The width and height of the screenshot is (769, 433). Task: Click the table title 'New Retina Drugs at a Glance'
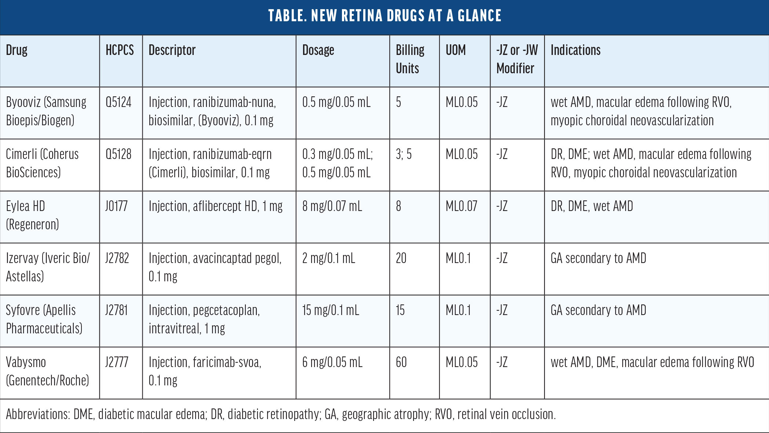click(384, 16)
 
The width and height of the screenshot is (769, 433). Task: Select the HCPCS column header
click(120, 50)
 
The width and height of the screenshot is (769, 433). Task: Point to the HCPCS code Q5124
click(118, 102)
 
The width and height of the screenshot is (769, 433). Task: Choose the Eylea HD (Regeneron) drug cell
click(32, 215)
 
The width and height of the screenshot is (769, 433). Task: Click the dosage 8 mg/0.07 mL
click(332, 206)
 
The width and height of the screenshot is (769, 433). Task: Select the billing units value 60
click(401, 362)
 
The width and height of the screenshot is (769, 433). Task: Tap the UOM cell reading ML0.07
click(461, 206)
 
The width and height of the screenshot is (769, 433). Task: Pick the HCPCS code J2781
click(116, 310)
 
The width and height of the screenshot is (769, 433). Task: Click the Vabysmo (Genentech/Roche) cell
click(47, 371)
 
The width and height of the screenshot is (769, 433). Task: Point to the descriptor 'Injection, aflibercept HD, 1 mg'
click(215, 206)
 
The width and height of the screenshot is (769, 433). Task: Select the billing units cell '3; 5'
click(404, 154)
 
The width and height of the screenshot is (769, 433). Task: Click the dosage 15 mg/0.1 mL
click(331, 310)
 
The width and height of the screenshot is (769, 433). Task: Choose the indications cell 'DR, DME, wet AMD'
click(591, 206)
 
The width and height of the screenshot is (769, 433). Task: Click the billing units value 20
click(401, 258)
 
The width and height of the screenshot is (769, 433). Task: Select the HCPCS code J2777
click(116, 362)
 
